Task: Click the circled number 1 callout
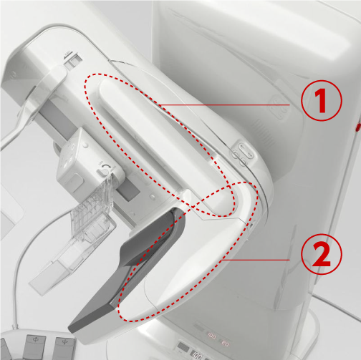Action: (x=322, y=100)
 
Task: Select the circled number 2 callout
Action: (x=322, y=254)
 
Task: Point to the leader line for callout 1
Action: (x=225, y=104)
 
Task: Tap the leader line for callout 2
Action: (x=256, y=260)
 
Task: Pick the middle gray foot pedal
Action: (x=35, y=347)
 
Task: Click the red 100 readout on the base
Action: (x=211, y=337)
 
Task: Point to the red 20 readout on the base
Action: (x=226, y=344)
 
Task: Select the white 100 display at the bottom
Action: (x=196, y=355)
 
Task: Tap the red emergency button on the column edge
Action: (x=359, y=127)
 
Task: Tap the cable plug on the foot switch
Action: (x=15, y=326)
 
